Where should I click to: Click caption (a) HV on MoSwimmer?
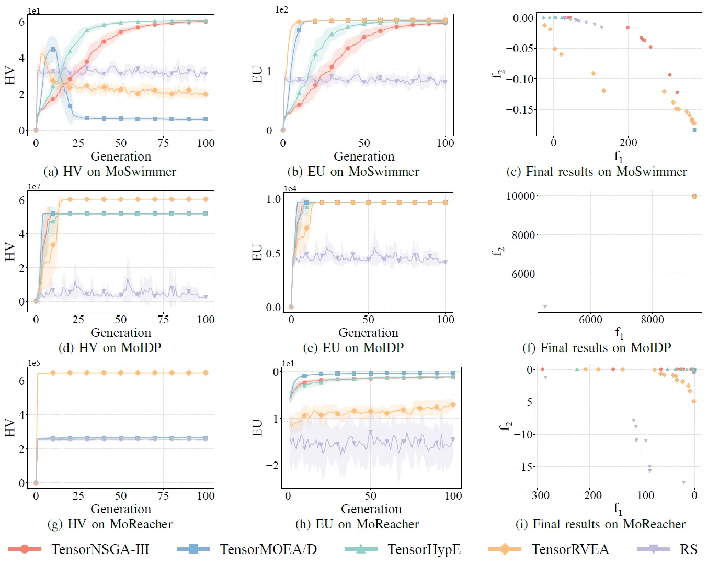point(110,172)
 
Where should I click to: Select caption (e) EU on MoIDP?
point(353,348)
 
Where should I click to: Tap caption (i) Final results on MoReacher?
point(601,524)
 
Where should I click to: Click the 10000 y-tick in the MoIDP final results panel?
point(521,196)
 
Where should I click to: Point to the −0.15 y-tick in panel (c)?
point(520,110)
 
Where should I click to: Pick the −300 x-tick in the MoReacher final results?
point(537,495)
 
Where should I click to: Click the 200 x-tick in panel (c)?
point(628,143)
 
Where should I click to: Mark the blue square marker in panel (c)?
point(694,130)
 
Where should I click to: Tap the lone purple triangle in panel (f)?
point(545,307)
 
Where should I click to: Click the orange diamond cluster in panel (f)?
point(694,196)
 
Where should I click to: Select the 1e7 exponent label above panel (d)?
point(34,187)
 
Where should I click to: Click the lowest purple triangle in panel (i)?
point(683,482)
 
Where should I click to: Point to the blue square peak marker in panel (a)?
point(53,49)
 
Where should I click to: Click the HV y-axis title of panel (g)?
point(9,427)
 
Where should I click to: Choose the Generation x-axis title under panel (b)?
point(364,156)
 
